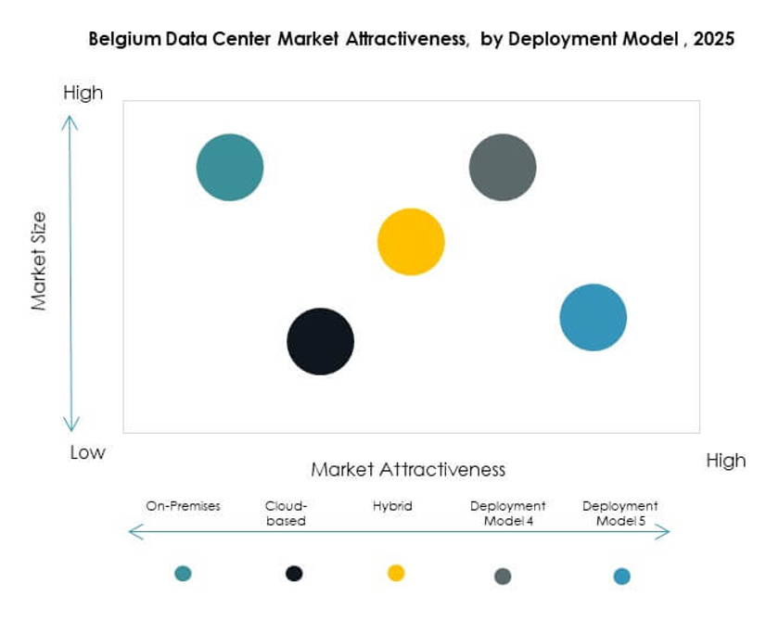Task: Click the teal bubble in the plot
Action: [230, 168]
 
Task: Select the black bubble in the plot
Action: [320, 341]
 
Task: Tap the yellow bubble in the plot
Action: [411, 242]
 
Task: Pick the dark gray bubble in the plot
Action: [503, 168]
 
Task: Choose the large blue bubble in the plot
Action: [594, 317]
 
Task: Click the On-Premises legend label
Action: [184, 506]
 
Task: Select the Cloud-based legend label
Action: [286, 513]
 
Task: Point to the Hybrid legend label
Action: [392, 506]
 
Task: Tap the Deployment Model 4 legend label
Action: [507, 513]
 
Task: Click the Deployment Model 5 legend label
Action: [620, 513]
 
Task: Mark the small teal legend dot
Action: [183, 574]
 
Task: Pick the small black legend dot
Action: [294, 574]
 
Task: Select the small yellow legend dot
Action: [396, 573]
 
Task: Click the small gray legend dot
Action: [503, 577]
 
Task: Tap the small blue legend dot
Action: [621, 577]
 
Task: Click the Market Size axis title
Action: [39, 261]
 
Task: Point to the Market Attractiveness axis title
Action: [408, 469]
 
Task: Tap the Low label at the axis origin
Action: [88, 453]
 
